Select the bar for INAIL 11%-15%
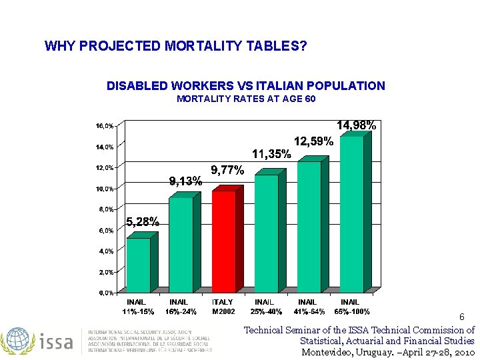coord(139,264)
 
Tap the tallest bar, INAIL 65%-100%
coord(352,213)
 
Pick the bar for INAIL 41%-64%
coord(309,225)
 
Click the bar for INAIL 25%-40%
coord(267,232)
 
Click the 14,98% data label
coord(356,125)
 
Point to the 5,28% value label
coord(143,222)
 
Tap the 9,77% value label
coord(227,171)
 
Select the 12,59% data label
coord(313,141)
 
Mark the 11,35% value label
coord(271,154)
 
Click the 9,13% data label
coord(185,181)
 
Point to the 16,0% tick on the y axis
coord(103,125)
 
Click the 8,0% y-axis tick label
coord(105,209)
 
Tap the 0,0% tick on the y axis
coord(105,293)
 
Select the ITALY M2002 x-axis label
coord(223,307)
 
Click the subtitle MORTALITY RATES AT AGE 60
coord(246,99)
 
